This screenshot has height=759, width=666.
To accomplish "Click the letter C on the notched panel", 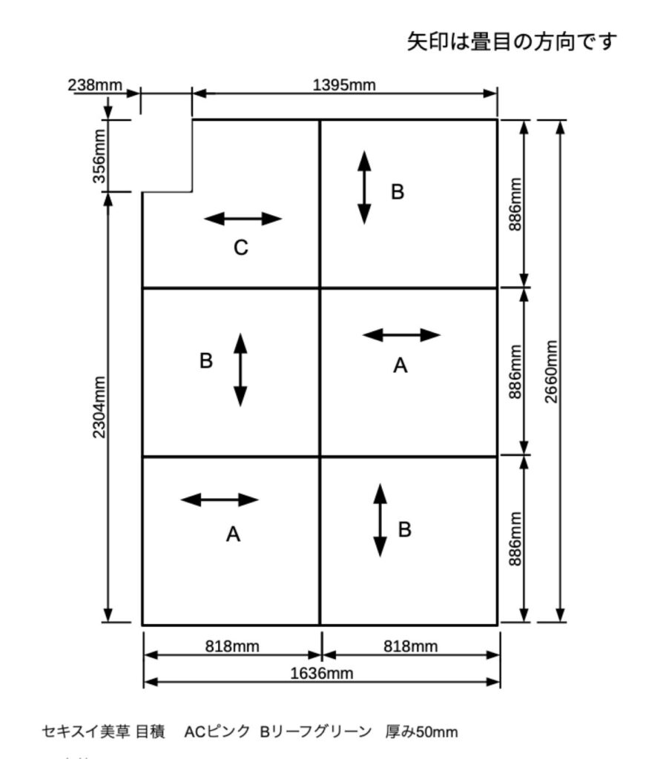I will click(240, 248).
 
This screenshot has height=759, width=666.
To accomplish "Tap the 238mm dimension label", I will click(94, 84).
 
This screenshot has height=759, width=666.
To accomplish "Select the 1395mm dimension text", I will click(344, 84).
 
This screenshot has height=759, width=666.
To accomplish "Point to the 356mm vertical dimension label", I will click(99, 155).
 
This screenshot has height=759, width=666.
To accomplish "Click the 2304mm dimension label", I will click(99, 408).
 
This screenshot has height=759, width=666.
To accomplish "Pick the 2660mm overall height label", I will click(550, 371).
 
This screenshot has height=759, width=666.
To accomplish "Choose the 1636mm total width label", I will click(320, 673).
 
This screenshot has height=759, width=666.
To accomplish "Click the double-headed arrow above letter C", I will click(243, 219).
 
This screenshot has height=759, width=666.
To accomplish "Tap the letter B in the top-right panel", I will click(398, 192).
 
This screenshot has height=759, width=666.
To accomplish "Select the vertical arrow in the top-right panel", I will click(364, 187).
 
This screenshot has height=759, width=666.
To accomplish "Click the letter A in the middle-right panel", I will click(400, 365).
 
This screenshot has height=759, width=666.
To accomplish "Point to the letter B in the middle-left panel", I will click(206, 361).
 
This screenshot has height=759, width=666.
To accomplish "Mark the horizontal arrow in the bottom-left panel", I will click(220, 500).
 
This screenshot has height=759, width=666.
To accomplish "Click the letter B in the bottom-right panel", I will click(405, 529).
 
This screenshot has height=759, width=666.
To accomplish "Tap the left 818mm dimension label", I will click(232, 646).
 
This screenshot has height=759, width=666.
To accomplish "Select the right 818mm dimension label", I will click(410, 646).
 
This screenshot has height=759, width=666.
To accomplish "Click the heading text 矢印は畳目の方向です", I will click(512, 42).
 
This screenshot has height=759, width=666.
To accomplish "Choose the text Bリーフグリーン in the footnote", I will click(315, 732).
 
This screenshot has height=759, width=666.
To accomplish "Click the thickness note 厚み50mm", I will click(421, 732).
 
